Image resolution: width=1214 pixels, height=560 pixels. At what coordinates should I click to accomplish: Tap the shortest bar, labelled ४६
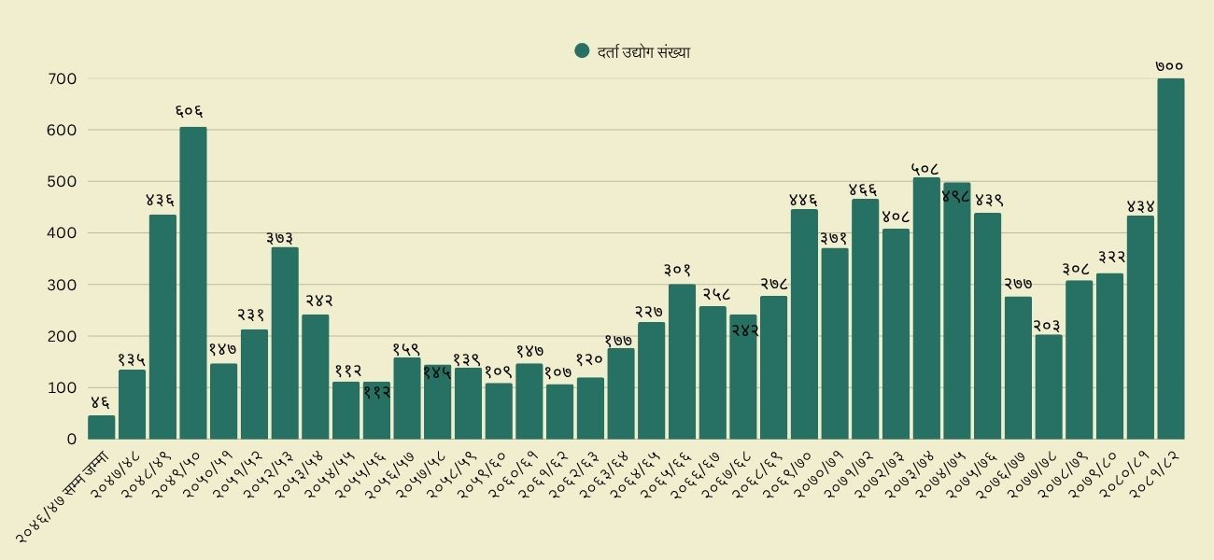pyautogui.click(x=101, y=427)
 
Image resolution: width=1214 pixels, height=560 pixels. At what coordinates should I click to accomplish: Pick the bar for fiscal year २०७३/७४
pyautogui.click(x=925, y=308)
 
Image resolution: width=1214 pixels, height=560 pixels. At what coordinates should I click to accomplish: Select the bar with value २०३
pyautogui.click(x=1048, y=386)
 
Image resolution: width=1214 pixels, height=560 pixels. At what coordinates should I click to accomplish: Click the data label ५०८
pyautogui.click(x=925, y=169)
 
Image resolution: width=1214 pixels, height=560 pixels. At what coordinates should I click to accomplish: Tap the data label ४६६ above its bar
pyautogui.click(x=864, y=190)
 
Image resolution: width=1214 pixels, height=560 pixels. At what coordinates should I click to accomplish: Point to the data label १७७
pyautogui.click(x=620, y=341)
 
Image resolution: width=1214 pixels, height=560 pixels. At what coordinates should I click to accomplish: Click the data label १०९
pyautogui.click(x=499, y=371)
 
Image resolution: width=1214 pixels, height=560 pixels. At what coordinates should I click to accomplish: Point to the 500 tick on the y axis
pyautogui.click(x=62, y=181)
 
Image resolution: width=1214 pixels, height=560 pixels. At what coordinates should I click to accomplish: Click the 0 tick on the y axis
pyautogui.click(x=71, y=439)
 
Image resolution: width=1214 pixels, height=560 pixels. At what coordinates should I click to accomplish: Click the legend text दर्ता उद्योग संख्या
pyautogui.click(x=643, y=52)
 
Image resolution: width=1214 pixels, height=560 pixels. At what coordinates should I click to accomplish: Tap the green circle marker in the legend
pyautogui.click(x=583, y=51)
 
